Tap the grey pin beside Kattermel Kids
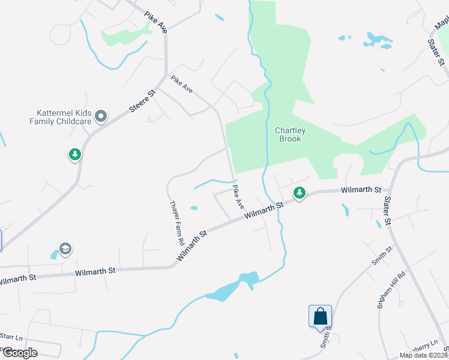coord(101,116)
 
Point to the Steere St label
coord(143,101)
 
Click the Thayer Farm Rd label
coord(177,223)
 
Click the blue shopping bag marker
coord(320,316)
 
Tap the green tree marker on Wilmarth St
coord(299,193)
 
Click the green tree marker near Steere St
coord(74,155)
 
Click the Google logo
coord(19,353)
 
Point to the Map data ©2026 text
coord(424,355)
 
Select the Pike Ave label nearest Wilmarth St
coord(238,197)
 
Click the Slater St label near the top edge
coord(436,52)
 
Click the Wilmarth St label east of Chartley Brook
coord(361,190)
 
